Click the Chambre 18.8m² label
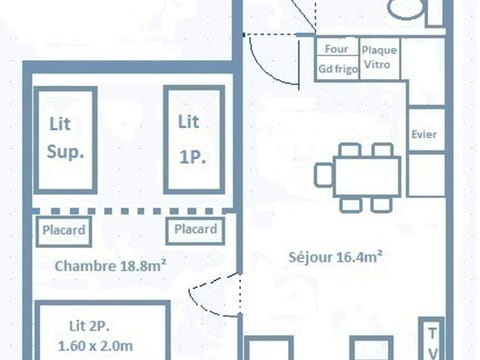coord(110,266)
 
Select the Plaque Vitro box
coord(380,57)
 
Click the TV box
coord(433,340)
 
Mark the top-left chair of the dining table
coord(350,150)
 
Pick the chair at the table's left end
coord(323,176)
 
